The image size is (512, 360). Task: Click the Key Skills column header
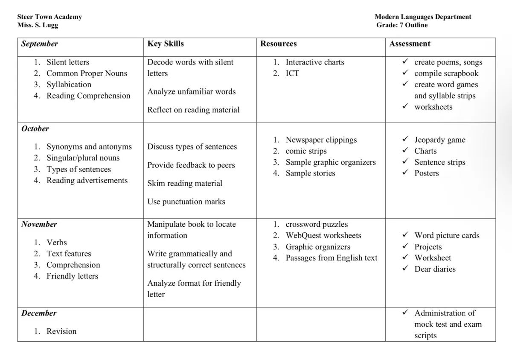pyautogui.click(x=166, y=44)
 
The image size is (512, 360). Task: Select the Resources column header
pyautogui.click(x=279, y=44)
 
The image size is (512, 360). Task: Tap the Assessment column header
pyautogui.click(x=410, y=44)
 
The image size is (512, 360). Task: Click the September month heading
pyautogui.click(x=40, y=44)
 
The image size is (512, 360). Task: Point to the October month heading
pyautogui.click(x=35, y=129)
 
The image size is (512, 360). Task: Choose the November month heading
pyautogui.click(x=39, y=224)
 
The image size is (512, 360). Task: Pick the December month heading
pyautogui.click(x=39, y=313)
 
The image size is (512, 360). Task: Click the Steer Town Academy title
pyautogui.click(x=49, y=17)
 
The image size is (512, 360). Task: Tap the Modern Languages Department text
pyautogui.click(x=423, y=17)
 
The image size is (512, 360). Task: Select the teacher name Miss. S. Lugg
pyautogui.click(x=38, y=25)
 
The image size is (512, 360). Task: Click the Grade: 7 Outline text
pyautogui.click(x=402, y=25)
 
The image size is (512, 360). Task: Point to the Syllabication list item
pyautogui.click(x=69, y=85)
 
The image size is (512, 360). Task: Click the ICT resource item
pyautogui.click(x=292, y=73)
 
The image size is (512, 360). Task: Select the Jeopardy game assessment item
pyautogui.click(x=439, y=140)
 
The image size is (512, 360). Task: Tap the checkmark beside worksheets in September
pyautogui.click(x=405, y=107)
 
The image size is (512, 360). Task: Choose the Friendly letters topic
pyautogui.click(x=72, y=276)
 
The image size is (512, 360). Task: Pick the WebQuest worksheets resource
pyautogui.click(x=323, y=236)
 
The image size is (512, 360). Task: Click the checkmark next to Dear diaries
pyautogui.click(x=405, y=269)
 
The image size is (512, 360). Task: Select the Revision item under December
pyautogui.click(x=61, y=331)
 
